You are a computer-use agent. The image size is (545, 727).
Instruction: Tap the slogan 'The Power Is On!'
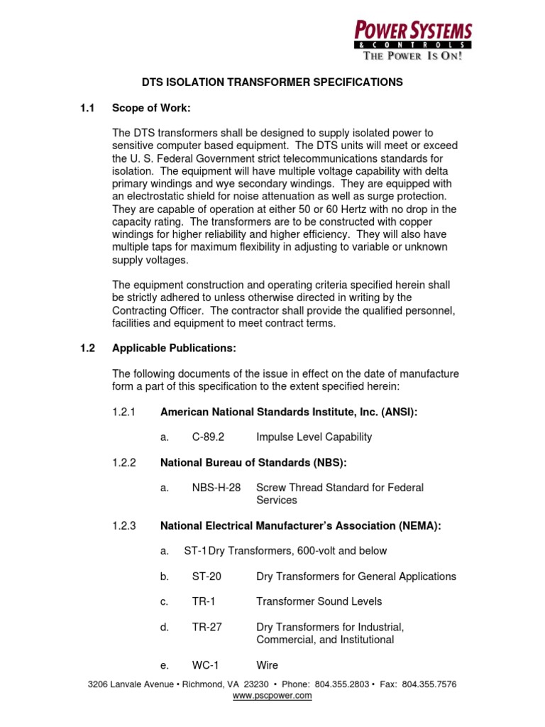(414, 56)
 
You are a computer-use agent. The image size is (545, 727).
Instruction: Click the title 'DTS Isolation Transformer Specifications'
(272, 82)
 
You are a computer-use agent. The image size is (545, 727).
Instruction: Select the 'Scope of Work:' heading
(152, 108)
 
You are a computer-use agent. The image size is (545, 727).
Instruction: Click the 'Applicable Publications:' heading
(174, 348)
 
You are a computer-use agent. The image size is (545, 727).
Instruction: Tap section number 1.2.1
(123, 411)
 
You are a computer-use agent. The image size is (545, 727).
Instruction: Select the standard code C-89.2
(209, 437)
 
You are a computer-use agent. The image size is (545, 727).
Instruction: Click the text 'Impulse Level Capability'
(314, 437)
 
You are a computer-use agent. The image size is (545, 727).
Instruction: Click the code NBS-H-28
(216, 488)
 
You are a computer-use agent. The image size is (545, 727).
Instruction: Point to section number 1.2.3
(123, 525)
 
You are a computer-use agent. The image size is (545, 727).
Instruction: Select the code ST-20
(206, 576)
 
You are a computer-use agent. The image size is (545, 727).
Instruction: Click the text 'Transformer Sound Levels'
(319, 601)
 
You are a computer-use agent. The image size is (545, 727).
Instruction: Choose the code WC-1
(206, 665)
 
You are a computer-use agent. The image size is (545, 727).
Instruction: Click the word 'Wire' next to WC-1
(267, 665)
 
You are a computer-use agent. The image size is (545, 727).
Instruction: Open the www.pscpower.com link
(272, 696)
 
